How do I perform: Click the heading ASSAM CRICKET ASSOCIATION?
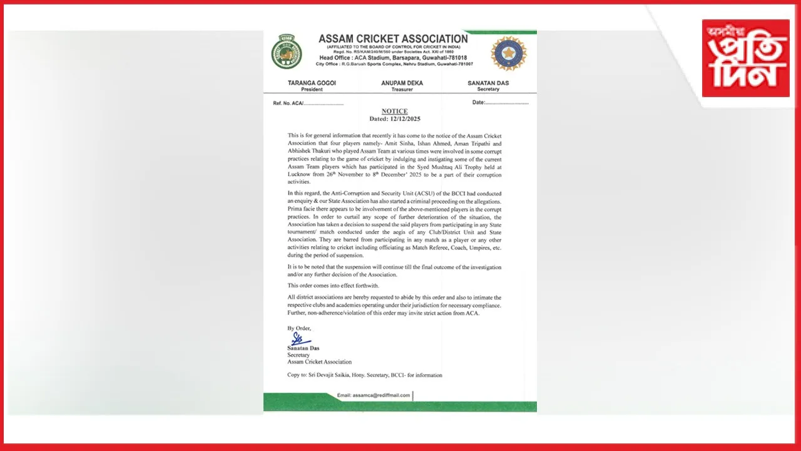click(x=393, y=39)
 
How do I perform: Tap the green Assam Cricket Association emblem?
click(x=287, y=52)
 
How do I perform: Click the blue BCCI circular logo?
click(x=508, y=53)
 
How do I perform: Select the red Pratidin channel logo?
click(x=745, y=58)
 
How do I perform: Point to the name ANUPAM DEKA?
click(x=402, y=83)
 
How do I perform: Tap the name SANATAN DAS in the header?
click(x=488, y=83)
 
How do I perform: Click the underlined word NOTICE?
click(x=394, y=111)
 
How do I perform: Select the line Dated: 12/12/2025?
click(x=394, y=118)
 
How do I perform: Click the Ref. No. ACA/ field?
click(x=308, y=103)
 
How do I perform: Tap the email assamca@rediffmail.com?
click(x=374, y=395)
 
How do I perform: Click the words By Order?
click(x=299, y=328)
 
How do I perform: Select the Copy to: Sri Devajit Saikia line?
click(x=364, y=375)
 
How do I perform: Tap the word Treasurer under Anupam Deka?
click(x=402, y=90)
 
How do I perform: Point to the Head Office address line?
click(x=393, y=58)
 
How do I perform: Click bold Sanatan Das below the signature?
click(x=303, y=348)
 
